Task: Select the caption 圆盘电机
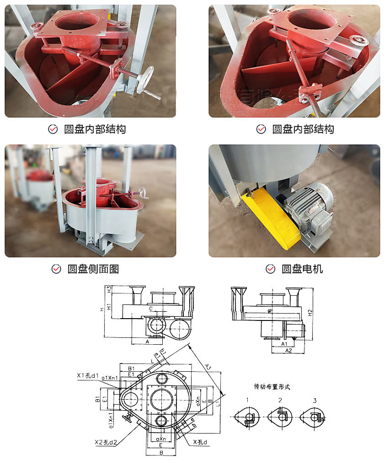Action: (302, 269)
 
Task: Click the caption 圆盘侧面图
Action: (93, 269)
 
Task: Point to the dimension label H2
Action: (310, 313)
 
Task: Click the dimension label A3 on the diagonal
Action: (207, 366)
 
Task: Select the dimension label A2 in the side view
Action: (288, 350)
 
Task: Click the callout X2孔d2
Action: (106, 442)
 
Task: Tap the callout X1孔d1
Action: (88, 375)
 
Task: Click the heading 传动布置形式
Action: (272, 387)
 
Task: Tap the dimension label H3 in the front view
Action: (109, 289)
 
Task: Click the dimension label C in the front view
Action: (151, 309)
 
